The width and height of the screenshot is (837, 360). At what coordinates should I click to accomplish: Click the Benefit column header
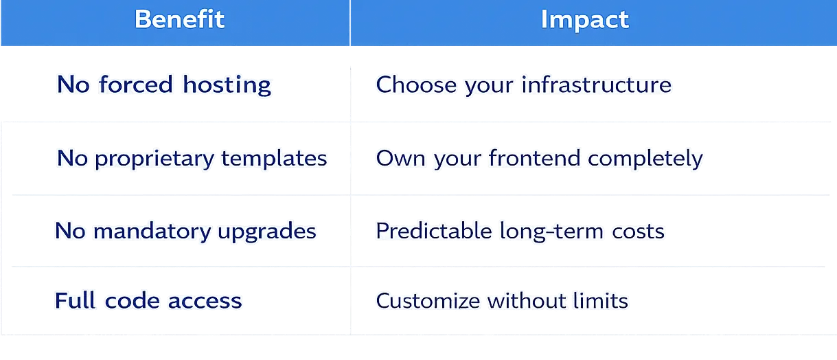tap(180, 19)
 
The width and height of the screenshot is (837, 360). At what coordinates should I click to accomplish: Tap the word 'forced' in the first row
tap(136, 84)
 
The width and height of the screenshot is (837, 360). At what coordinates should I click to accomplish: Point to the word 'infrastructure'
tap(597, 85)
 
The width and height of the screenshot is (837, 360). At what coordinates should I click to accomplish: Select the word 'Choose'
tap(416, 85)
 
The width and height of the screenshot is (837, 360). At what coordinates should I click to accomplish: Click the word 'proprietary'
tap(154, 159)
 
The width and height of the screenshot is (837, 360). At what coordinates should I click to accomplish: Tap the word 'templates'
tap(274, 159)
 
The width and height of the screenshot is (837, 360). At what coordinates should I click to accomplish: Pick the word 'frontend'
tap(535, 158)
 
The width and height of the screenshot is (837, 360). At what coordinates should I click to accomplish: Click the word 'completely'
tap(645, 159)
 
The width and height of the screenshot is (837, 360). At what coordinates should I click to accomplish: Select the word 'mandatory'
tap(152, 232)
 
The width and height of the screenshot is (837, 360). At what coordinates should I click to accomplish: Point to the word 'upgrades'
tap(267, 232)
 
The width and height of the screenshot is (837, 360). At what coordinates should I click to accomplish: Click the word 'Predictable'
tap(434, 231)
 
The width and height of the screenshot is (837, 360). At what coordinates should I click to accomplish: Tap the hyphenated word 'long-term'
tap(551, 232)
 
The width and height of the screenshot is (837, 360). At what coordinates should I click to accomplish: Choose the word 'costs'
tap(638, 232)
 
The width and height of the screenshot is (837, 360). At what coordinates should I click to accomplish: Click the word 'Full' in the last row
tap(75, 300)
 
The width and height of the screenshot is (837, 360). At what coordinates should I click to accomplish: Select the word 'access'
tap(205, 302)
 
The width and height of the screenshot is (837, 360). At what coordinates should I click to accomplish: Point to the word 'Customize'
tap(428, 301)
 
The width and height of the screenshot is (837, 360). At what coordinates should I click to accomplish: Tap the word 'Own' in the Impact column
tap(400, 159)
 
